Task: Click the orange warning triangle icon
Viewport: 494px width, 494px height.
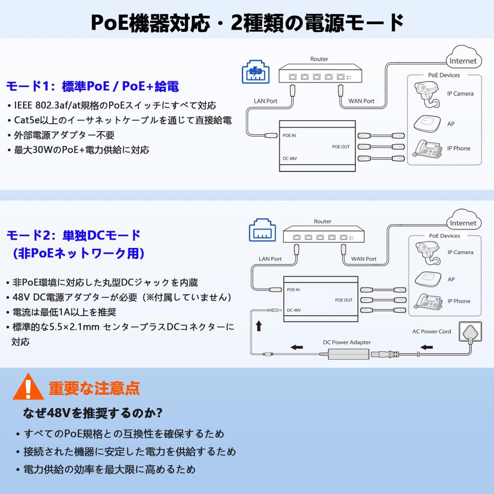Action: pyautogui.click(x=28, y=387)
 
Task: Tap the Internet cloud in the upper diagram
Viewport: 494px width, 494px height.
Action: pyautogui.click(x=463, y=58)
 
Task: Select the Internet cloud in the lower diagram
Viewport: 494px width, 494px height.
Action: pyautogui.click(x=463, y=221)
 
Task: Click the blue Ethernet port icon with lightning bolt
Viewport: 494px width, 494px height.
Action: pyautogui.click(x=256, y=71)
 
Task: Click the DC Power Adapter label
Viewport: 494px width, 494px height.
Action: pyautogui.click(x=347, y=342)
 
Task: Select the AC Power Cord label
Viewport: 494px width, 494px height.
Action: pyautogui.click(x=432, y=331)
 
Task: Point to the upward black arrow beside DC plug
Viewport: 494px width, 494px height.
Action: pyautogui.click(x=259, y=326)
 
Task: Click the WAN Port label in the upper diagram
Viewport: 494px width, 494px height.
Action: pyautogui.click(x=361, y=101)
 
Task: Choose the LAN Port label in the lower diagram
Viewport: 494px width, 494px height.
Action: pyautogui.click(x=270, y=259)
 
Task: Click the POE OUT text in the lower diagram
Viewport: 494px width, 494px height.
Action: pyautogui.click(x=344, y=300)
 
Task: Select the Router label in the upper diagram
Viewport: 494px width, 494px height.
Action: pyautogui.click(x=319, y=59)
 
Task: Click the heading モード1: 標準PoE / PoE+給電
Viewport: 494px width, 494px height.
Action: pyautogui.click(x=93, y=86)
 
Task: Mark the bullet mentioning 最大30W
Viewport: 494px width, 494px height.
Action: pyautogui.click(x=81, y=150)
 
